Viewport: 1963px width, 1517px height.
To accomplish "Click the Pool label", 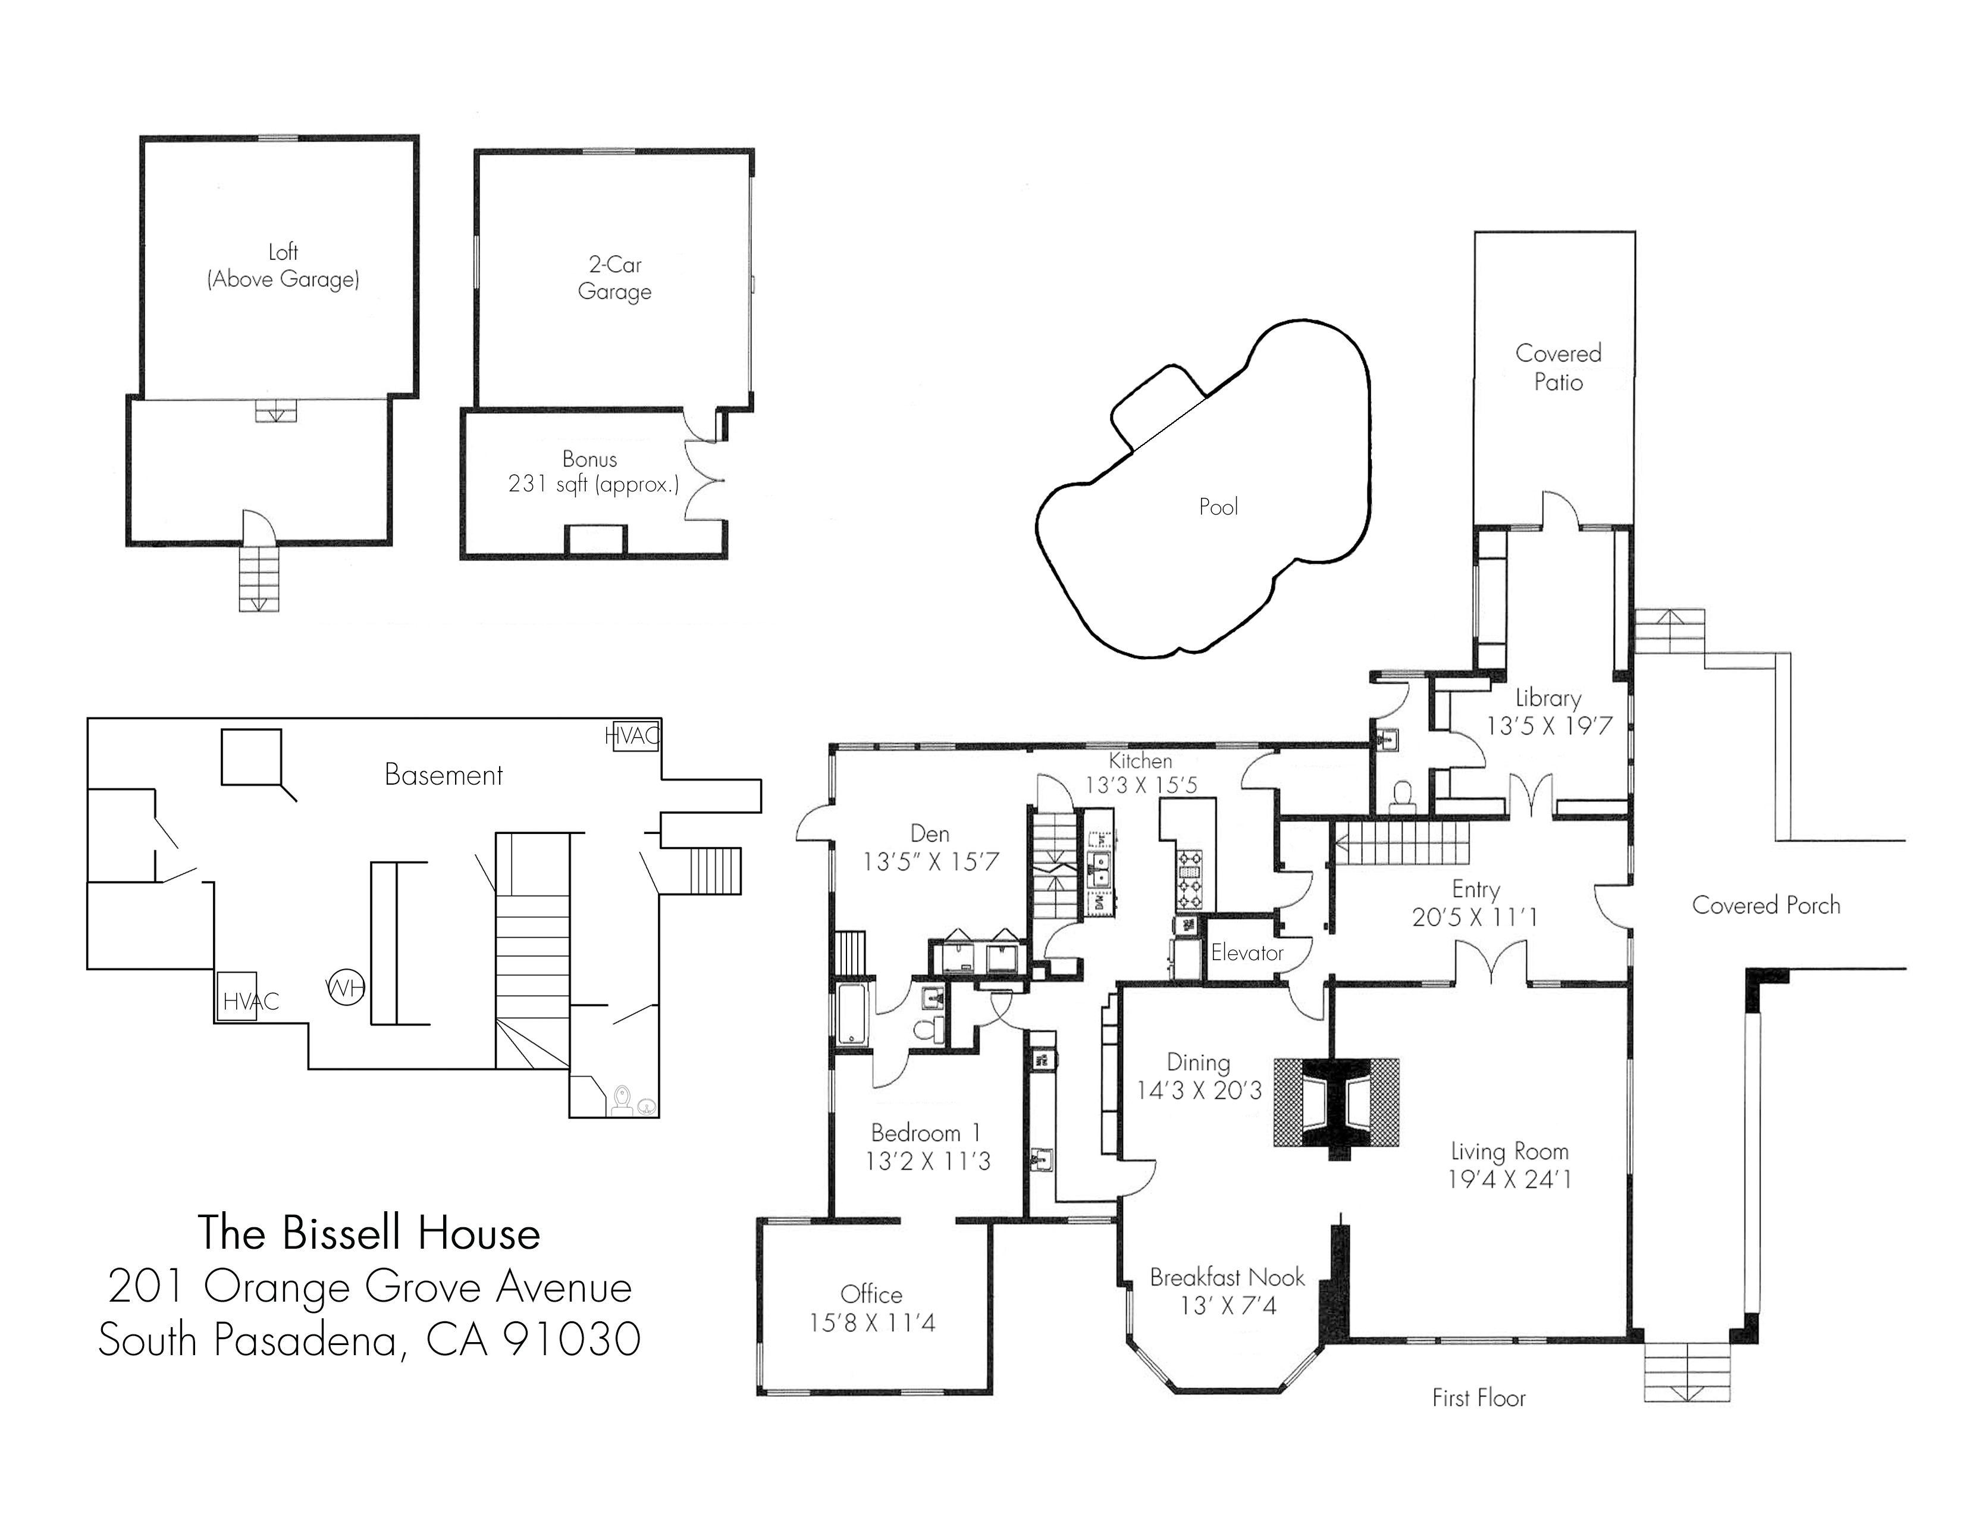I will tap(1218, 507).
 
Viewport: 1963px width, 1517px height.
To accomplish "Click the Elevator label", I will tap(1247, 952).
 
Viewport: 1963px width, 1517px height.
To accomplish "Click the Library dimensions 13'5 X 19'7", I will tap(1548, 726).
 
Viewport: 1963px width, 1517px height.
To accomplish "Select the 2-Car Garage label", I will tap(615, 278).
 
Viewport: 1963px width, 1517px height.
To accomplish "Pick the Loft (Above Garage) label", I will tap(283, 266).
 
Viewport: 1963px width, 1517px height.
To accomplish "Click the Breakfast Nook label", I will tap(1227, 1277).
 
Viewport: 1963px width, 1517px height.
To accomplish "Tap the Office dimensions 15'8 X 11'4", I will tap(872, 1323).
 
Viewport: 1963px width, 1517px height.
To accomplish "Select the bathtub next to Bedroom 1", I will tap(852, 1015).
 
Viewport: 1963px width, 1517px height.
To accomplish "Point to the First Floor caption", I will tap(1479, 1397).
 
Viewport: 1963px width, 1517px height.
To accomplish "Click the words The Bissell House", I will tap(369, 1233).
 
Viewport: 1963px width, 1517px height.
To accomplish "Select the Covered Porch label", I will tap(1766, 905).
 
